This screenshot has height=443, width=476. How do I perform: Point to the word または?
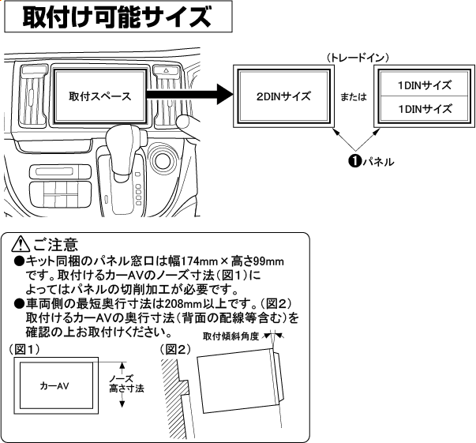pyautogui.click(x=353, y=97)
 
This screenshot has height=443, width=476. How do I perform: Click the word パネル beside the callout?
pyautogui.click(x=377, y=161)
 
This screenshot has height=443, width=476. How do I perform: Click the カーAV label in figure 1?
pyautogui.click(x=55, y=388)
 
